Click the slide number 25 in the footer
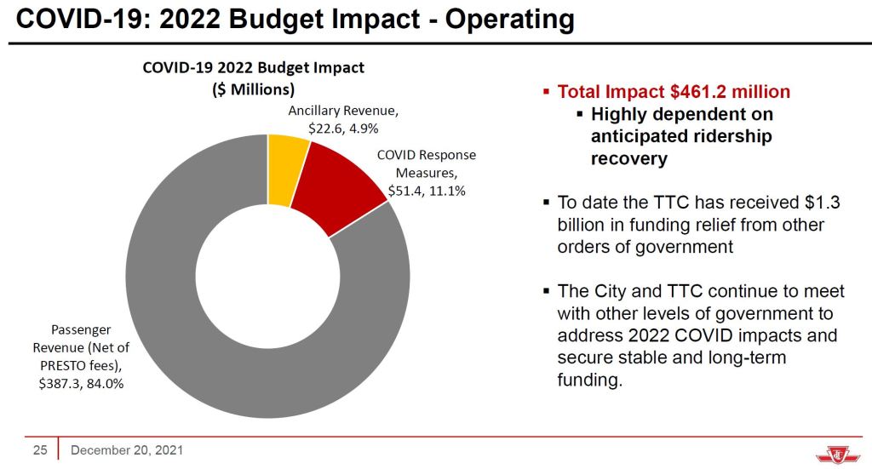click(x=39, y=449)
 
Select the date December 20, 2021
click(x=126, y=449)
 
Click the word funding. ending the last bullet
click(x=590, y=380)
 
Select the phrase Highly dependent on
click(x=682, y=114)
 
